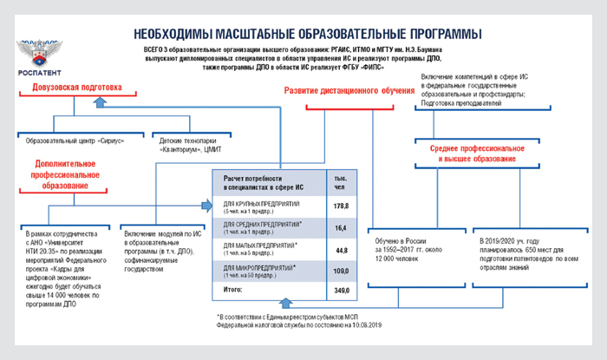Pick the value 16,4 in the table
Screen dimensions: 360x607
[x=341, y=227]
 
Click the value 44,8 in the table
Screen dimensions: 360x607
[x=341, y=250]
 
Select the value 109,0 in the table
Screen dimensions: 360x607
[x=341, y=272]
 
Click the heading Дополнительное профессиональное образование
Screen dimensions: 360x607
[x=67, y=174]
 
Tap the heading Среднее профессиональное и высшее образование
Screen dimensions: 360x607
[x=473, y=154]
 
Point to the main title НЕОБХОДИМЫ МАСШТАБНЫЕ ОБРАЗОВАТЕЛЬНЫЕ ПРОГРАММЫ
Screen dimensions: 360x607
[x=308, y=33]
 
